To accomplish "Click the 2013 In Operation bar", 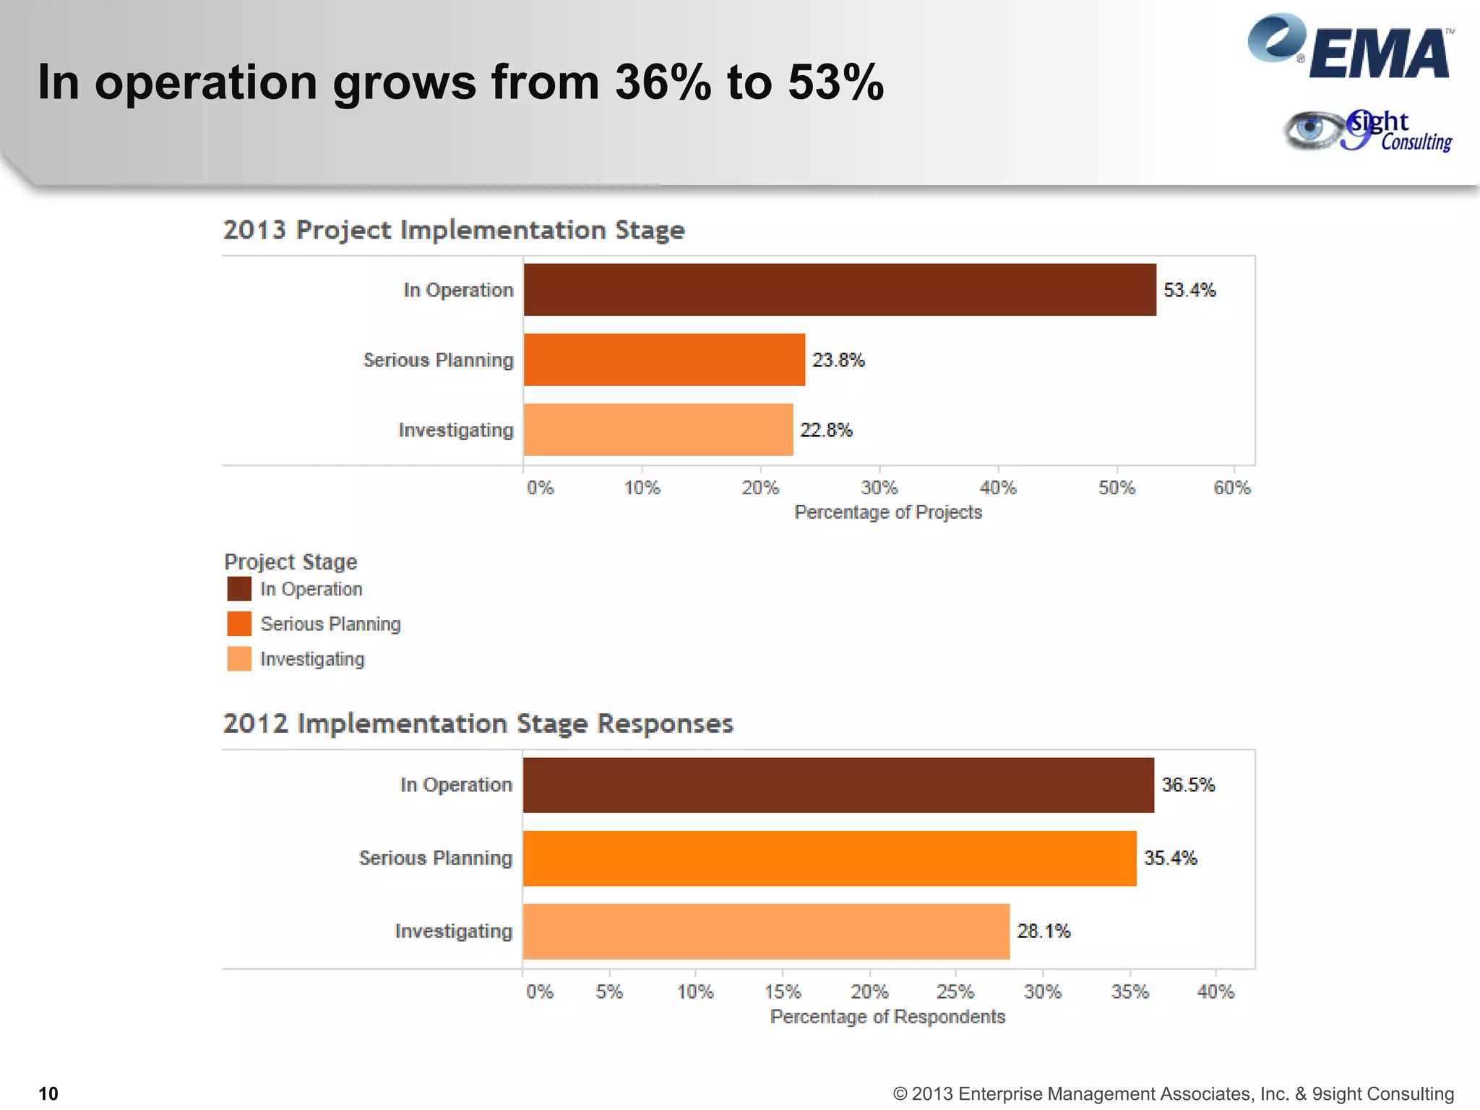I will pos(839,290).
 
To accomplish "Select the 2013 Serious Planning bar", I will pos(664,360).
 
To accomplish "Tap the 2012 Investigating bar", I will pos(766,932).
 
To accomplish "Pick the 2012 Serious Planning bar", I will pos(829,859).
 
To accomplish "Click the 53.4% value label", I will pos(1189,291).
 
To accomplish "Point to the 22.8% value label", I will pos(826,431).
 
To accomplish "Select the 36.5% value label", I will pos(1188,786).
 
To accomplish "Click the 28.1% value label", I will pos(1044,932).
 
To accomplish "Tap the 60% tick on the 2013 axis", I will pos(1232,489).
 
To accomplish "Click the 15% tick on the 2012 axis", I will pos(783,992).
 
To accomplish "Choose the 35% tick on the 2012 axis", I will pos(1130,992).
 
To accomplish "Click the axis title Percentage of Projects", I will pos(888,512).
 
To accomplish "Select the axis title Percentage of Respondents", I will pos(887,1017).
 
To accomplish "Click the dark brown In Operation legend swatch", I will pos(239,589).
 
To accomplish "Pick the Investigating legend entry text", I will pos(312,659).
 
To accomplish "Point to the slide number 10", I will pos(48,1093).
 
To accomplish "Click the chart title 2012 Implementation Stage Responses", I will pos(478,723).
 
